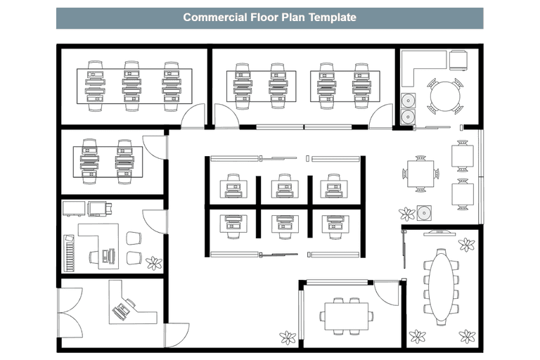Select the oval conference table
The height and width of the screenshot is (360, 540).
point(441,287)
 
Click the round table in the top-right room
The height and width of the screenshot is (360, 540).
point(444,96)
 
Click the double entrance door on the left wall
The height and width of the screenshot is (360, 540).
point(68,312)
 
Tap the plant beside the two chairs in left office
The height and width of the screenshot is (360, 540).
point(153,263)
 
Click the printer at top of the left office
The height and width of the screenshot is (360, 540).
point(98,208)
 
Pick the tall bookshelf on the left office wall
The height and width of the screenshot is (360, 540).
point(68,252)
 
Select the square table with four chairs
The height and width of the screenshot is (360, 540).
point(420,173)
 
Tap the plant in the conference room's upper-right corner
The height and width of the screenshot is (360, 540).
point(466,245)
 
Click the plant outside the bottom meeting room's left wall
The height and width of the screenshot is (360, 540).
point(288,337)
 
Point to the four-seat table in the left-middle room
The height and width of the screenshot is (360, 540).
point(107,161)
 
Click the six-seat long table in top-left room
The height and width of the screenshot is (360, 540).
point(134,85)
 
